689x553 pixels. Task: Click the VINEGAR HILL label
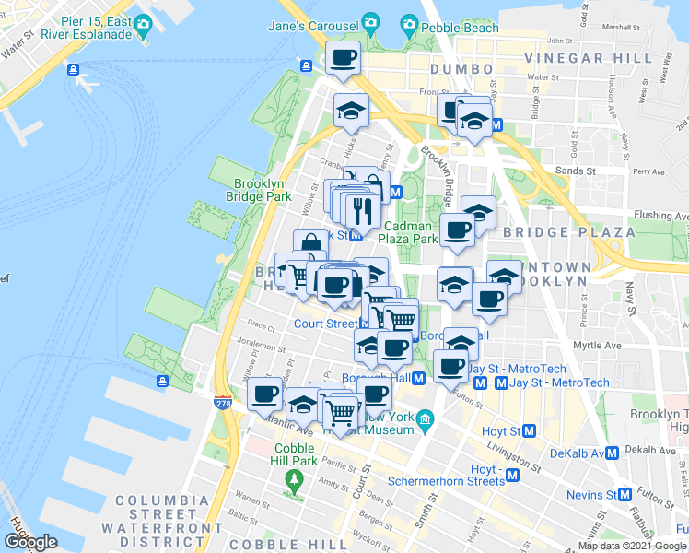(577, 58)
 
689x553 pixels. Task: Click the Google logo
(31, 543)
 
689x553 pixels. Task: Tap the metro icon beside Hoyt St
(530, 430)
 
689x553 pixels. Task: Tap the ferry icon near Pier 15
(73, 69)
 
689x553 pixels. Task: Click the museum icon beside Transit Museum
(426, 420)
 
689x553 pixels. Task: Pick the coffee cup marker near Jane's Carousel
(343, 59)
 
